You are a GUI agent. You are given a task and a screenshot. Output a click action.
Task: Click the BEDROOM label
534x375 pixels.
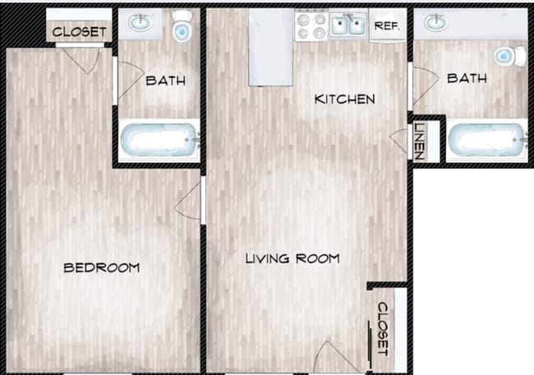[x=101, y=268]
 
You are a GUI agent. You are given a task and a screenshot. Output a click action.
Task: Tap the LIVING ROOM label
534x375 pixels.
[x=292, y=258]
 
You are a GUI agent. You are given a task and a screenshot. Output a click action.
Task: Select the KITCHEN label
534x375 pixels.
[x=345, y=99]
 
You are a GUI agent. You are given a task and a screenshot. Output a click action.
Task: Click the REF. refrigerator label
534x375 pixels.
[x=386, y=25]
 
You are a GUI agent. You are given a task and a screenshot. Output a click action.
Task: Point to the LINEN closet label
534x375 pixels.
[x=418, y=141]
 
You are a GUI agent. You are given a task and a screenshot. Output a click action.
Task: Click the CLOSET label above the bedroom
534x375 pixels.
[x=79, y=32]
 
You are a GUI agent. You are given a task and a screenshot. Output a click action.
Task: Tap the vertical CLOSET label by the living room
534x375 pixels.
[x=382, y=327]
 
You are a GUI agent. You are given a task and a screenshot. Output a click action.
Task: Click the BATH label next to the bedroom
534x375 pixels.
[x=165, y=80]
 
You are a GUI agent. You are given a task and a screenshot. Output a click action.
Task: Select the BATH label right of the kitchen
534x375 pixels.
[x=467, y=78]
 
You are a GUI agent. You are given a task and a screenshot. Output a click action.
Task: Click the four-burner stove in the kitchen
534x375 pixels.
[x=312, y=25]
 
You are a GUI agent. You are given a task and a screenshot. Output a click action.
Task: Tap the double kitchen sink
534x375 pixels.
[x=348, y=25]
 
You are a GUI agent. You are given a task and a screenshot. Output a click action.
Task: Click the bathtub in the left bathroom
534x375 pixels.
[x=159, y=142]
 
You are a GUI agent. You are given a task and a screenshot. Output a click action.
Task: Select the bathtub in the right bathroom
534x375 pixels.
[x=486, y=142]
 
